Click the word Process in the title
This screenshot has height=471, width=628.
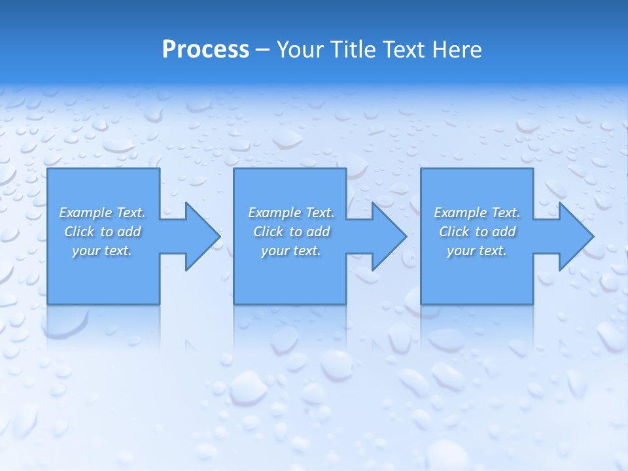tap(205, 50)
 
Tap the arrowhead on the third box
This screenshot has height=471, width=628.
tap(575, 236)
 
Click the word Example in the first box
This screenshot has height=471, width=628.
tap(86, 213)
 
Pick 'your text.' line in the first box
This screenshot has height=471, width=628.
tap(102, 251)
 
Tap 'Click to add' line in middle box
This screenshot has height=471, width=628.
tap(291, 232)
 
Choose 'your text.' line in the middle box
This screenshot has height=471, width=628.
tap(291, 251)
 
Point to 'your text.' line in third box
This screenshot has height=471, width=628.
tap(477, 251)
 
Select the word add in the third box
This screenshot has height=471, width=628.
tap(504, 232)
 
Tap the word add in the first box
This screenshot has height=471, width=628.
tap(129, 232)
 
